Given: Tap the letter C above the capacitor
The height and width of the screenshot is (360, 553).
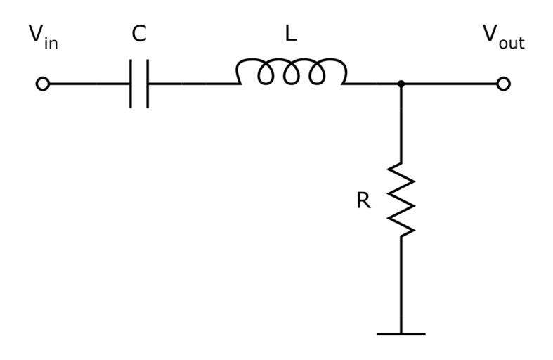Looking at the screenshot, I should coord(139,34).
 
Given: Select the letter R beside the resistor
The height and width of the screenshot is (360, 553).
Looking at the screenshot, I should coord(363,201).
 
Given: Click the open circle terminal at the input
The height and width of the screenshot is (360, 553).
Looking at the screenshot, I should coord(43,84).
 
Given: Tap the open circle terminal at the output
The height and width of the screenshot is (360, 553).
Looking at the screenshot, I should coord(502,84).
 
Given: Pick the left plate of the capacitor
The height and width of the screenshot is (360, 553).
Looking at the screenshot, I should coord(131,84).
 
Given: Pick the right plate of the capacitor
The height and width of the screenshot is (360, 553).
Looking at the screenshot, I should coord(148,84).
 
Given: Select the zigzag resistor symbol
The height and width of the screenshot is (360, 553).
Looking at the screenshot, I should coord(401,200).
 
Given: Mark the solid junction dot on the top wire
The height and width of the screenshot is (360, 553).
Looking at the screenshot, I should coord(401,84).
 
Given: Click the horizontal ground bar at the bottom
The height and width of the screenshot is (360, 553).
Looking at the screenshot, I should coord(401,333).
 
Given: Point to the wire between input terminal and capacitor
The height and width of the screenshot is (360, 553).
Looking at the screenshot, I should coord(88,84).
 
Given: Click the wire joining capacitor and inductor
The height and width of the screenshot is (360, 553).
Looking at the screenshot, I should coord(191,84).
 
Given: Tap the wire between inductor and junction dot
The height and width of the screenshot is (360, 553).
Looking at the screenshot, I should coord(372,84).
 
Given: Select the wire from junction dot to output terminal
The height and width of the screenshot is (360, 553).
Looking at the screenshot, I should coord(450,84).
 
